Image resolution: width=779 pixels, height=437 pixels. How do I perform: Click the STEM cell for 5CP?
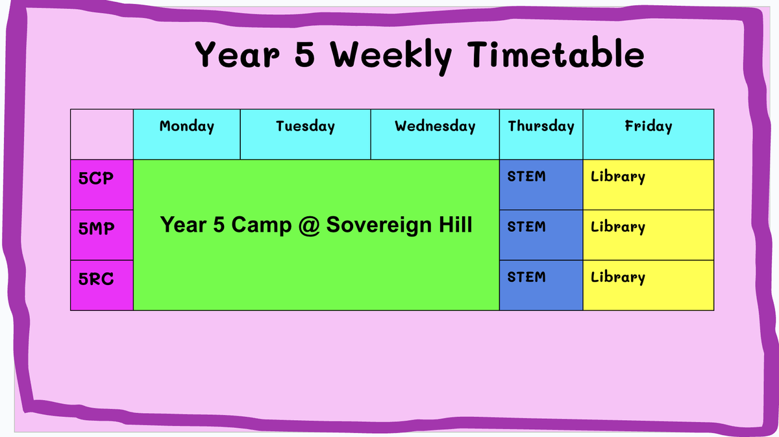click(541, 185)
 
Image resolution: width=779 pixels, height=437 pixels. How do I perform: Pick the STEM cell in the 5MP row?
click(541, 235)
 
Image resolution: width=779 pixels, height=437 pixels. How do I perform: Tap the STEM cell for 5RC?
click(541, 285)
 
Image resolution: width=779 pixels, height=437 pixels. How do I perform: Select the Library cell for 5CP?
click(649, 185)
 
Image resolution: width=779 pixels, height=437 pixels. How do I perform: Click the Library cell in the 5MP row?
click(649, 235)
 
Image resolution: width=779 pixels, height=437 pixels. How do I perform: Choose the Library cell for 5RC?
click(649, 285)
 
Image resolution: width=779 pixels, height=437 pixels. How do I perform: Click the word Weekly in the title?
click(391, 56)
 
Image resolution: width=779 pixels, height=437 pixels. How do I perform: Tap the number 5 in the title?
click(304, 53)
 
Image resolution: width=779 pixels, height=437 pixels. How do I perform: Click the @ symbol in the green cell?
click(309, 225)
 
